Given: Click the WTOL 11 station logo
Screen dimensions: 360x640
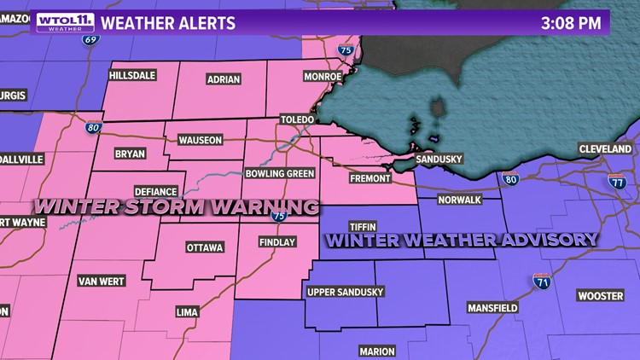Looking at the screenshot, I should coord(60,21).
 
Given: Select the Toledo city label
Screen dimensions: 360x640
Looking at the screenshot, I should coord(299,121).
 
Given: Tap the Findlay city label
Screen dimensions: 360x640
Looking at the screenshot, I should coord(276,242).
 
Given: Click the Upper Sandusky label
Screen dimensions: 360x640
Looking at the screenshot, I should coord(345,292).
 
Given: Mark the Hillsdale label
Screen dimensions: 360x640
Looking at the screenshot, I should coord(132,76).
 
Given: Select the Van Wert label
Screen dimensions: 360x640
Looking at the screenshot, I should coord(101,281).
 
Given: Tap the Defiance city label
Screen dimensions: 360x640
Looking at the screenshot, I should coord(155,192).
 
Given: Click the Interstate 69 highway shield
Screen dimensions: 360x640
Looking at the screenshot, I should coord(89,39).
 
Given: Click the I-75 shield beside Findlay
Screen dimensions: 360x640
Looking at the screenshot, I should coord(278,217).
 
